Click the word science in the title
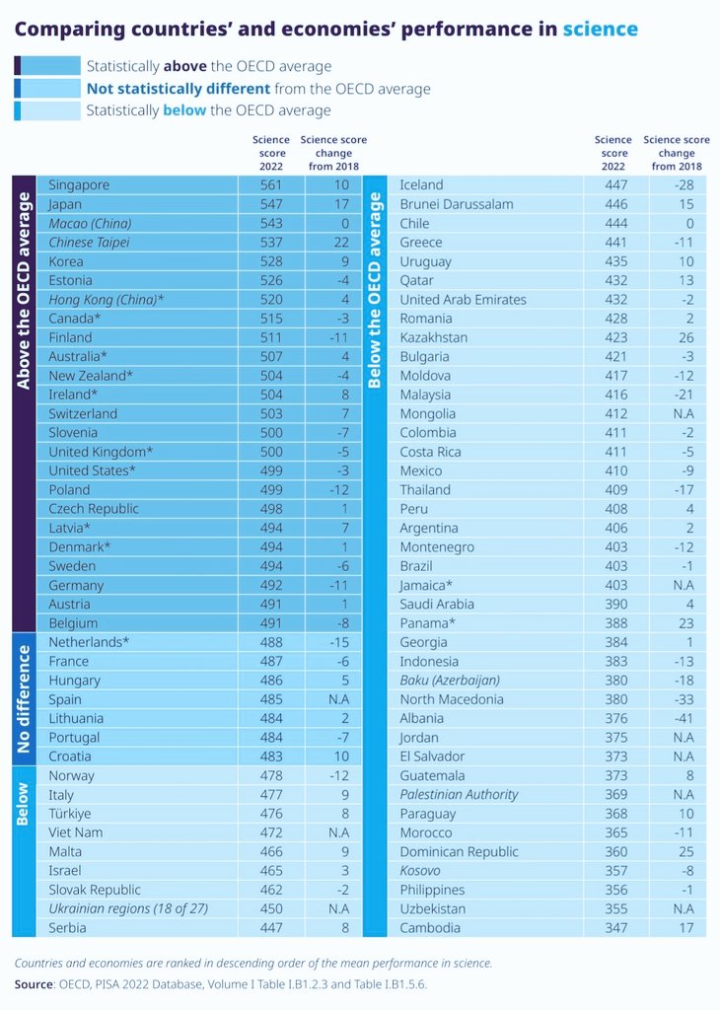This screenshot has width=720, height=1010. click(x=600, y=30)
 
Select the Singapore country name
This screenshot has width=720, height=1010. click(x=79, y=184)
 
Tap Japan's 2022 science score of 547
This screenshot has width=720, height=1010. click(x=271, y=204)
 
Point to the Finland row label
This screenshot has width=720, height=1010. click(x=70, y=337)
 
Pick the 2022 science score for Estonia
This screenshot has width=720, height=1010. click(x=271, y=281)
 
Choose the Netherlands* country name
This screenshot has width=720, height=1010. click(x=89, y=642)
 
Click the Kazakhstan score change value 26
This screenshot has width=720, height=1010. click(x=684, y=337)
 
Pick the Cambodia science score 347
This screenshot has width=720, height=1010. click(x=613, y=927)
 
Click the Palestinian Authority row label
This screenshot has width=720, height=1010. click(x=459, y=794)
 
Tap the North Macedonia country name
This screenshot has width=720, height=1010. click(x=452, y=699)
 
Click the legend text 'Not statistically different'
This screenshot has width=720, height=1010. click(x=177, y=89)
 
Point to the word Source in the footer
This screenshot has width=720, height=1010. click(x=35, y=984)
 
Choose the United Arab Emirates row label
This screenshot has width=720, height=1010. click(x=463, y=300)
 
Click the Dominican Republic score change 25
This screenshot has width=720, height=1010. click(x=684, y=851)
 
